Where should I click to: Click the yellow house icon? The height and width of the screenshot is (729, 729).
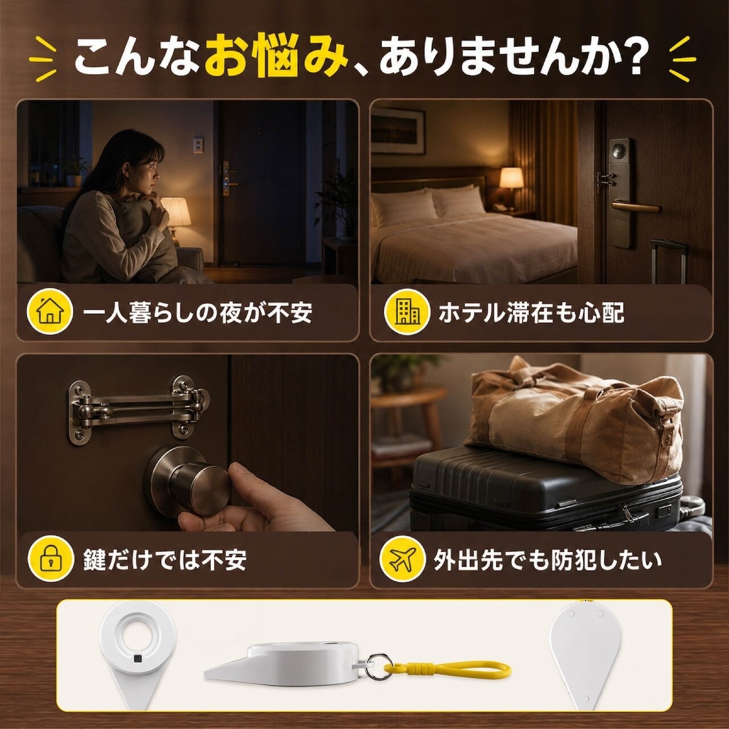(50, 312)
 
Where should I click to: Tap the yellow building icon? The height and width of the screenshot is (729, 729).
(407, 312)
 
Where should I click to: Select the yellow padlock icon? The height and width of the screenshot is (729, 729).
(50, 559)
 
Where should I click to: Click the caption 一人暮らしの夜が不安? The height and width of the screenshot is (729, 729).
(198, 313)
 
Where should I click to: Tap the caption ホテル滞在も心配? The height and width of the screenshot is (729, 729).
(531, 313)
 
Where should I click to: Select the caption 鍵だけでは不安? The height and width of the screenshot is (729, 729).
(165, 559)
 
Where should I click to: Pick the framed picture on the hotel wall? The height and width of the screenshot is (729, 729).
(398, 130)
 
